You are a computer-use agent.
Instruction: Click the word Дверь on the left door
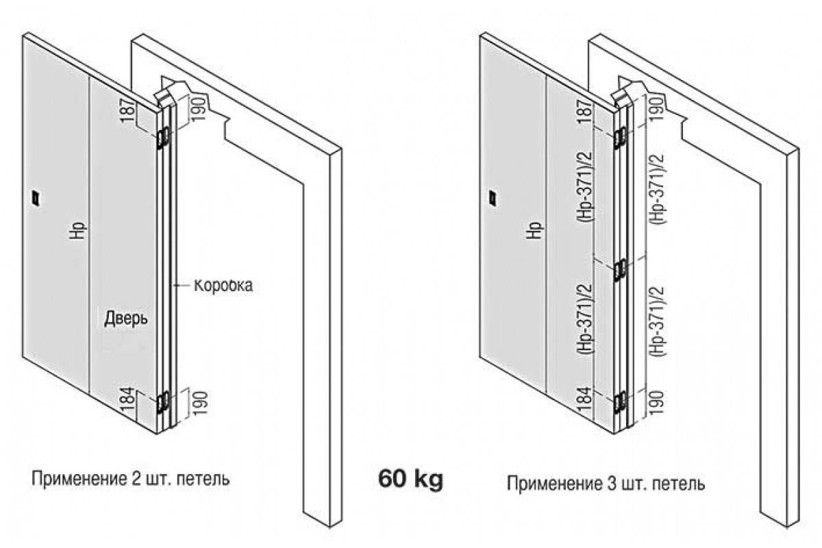click(x=126, y=319)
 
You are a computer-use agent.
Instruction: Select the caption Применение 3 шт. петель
click(x=606, y=484)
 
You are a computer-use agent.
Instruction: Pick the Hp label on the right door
click(x=534, y=229)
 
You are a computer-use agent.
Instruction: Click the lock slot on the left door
click(x=35, y=198)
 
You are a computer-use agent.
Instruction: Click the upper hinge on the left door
click(x=163, y=138)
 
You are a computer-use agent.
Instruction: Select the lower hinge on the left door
click(x=163, y=401)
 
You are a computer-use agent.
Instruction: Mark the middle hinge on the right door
click(x=620, y=270)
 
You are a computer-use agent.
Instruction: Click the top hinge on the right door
click(x=620, y=137)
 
